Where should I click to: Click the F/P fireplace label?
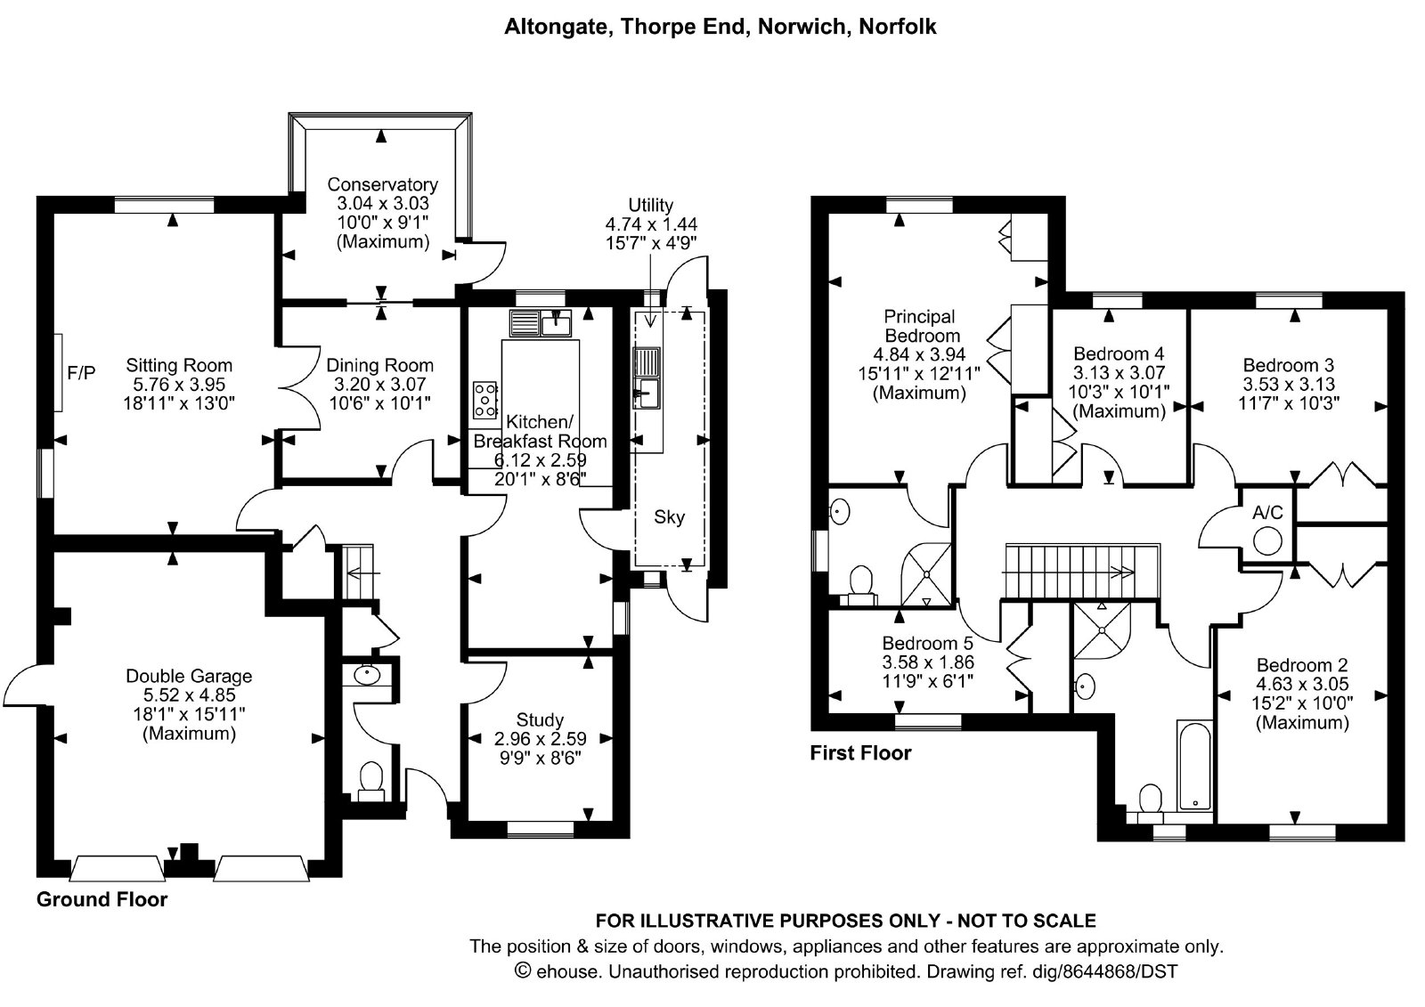pyautogui.click(x=81, y=373)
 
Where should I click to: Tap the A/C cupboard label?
pyautogui.click(x=1267, y=513)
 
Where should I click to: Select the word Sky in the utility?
pyautogui.click(x=669, y=517)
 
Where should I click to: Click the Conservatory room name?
pyautogui.click(x=382, y=184)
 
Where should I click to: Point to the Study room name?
pyautogui.click(x=540, y=719)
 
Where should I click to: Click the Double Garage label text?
pyautogui.click(x=189, y=676)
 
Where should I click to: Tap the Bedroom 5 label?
pyautogui.click(x=927, y=643)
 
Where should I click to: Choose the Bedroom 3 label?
pyautogui.click(x=1288, y=365)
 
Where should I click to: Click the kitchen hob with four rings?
pyautogui.click(x=484, y=400)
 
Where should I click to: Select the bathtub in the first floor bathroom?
pyautogui.click(x=1194, y=766)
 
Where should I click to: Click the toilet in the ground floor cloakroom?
pyautogui.click(x=370, y=782)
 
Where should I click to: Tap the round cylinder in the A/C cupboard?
pyautogui.click(x=1268, y=542)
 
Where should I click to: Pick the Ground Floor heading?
pyautogui.click(x=102, y=899)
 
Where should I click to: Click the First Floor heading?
pyautogui.click(x=860, y=753)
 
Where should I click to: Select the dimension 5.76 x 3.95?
pyautogui.click(x=179, y=385)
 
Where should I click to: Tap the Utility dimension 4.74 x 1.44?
pyautogui.click(x=651, y=224)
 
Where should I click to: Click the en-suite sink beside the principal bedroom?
pyautogui.click(x=840, y=511)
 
